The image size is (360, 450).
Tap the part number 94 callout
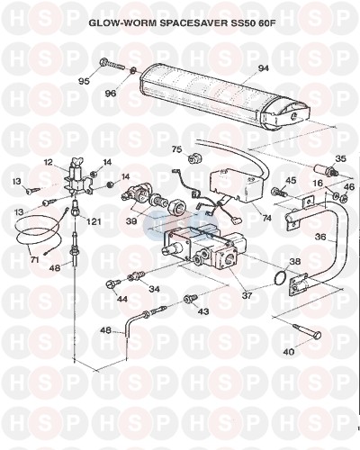(264, 69)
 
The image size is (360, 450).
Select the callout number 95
(85, 81)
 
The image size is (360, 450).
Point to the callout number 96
(111, 94)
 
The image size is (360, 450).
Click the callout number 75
(177, 149)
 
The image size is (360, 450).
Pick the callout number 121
(93, 221)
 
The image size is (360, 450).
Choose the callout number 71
(35, 259)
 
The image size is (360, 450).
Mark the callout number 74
(266, 218)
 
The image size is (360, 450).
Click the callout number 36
(320, 237)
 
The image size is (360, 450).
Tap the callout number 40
(289, 351)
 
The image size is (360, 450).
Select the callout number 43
(203, 311)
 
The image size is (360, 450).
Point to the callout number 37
(247, 295)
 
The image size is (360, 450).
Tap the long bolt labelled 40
(306, 331)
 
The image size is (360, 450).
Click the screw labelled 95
(111, 64)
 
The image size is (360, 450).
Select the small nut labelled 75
(192, 157)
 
